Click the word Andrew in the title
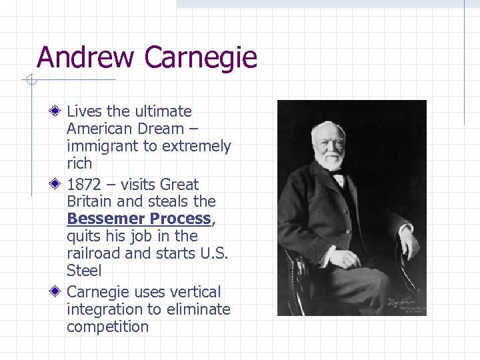[86, 57]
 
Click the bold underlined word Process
[179, 219]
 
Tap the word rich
[79, 163]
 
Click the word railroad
[93, 253]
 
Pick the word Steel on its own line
[84, 271]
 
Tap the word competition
[107, 327]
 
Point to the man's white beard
[331, 160]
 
